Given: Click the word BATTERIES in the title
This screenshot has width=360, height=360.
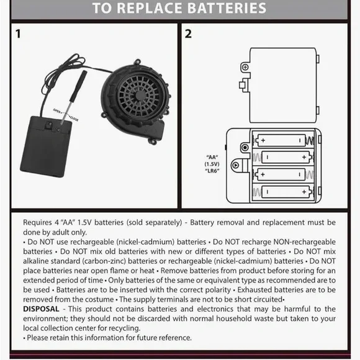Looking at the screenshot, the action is (227, 8).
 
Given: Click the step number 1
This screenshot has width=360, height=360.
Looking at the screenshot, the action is (18, 34).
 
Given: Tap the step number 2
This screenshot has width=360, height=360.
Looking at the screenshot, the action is (188, 34).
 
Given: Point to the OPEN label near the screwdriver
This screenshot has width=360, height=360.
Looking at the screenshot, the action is (57, 111).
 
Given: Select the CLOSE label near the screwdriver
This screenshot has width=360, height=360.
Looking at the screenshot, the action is (74, 119).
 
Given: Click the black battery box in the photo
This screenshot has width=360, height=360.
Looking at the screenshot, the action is (46, 146).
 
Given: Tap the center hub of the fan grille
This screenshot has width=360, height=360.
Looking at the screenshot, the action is (140, 96).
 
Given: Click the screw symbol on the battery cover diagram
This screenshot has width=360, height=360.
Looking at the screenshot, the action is (245, 67).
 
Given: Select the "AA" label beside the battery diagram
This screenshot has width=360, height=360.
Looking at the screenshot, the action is (212, 157).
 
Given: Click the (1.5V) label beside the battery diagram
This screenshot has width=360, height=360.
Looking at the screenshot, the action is (212, 164).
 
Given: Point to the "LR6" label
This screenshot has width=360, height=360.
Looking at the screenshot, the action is (212, 171).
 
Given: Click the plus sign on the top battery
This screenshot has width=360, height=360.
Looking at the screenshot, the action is (263, 140).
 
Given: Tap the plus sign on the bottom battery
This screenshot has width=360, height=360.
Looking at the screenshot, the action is (304, 192).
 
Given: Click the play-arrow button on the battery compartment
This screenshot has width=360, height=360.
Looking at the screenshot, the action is (236, 165).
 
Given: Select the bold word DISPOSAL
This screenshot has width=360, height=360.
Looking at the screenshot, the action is (41, 309).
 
